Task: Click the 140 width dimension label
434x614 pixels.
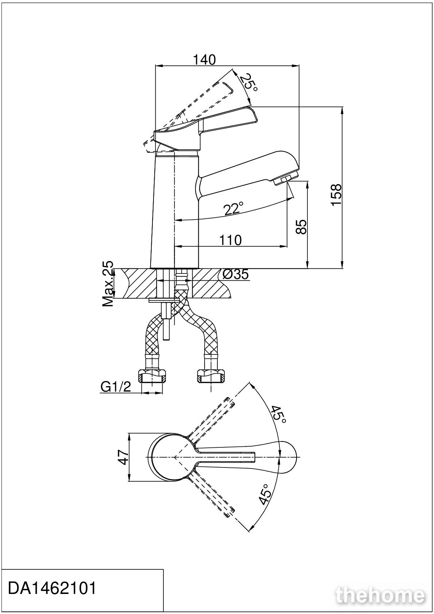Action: [205, 60]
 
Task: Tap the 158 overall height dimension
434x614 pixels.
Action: [336, 195]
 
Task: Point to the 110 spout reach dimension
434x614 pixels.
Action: [230, 240]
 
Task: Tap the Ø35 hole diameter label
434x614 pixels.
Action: [236, 274]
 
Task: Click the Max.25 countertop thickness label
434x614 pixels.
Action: [108, 284]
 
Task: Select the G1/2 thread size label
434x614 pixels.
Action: [116, 387]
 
